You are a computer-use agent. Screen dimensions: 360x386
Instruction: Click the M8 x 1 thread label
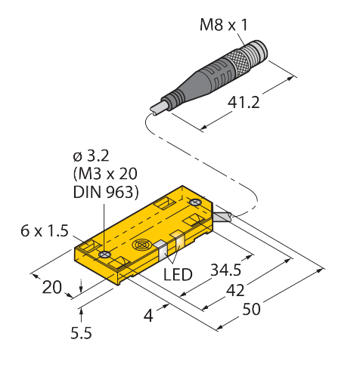click(x=223, y=25)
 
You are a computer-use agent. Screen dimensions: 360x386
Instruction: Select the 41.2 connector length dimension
click(x=244, y=103)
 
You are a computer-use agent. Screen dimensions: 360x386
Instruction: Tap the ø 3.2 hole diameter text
click(x=91, y=156)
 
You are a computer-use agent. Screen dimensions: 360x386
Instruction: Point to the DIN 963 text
click(x=106, y=192)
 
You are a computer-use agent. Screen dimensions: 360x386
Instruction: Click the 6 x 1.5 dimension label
click(x=45, y=230)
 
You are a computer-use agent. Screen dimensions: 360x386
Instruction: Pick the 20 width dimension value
click(x=51, y=287)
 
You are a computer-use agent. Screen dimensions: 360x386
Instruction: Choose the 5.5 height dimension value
click(x=81, y=333)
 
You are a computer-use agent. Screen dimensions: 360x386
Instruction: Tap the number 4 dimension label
click(x=148, y=316)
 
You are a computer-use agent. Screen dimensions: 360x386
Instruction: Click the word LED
click(x=178, y=274)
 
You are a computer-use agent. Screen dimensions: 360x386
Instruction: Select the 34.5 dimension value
click(x=226, y=270)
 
